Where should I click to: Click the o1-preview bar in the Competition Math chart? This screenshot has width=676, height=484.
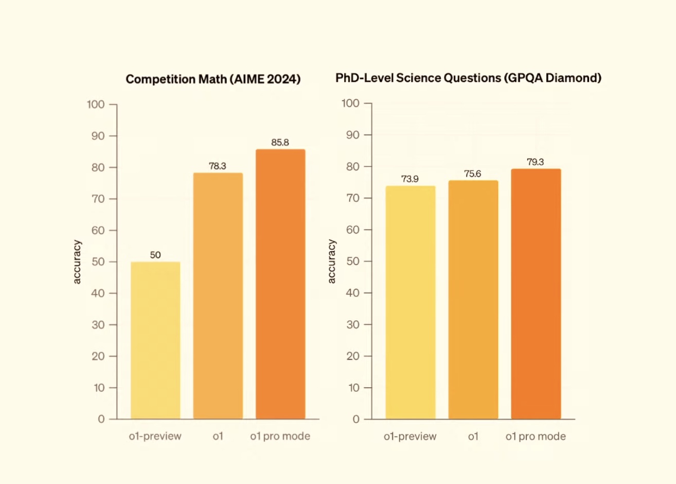(x=155, y=340)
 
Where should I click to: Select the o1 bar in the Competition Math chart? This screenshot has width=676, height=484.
(x=218, y=296)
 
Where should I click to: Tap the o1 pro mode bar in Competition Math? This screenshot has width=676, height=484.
(x=280, y=284)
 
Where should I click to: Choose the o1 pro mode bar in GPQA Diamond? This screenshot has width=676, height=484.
(x=536, y=293)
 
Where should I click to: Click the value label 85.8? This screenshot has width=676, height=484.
(x=280, y=143)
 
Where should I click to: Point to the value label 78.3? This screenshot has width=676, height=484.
(x=217, y=166)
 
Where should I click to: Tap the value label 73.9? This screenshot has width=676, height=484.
(x=410, y=179)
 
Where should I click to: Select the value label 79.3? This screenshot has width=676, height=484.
(x=535, y=162)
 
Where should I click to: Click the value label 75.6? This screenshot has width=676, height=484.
(x=472, y=174)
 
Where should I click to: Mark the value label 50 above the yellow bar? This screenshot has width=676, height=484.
(x=155, y=255)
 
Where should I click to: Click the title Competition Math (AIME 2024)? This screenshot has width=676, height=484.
(x=213, y=79)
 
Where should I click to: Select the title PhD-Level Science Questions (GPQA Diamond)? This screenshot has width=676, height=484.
(x=468, y=78)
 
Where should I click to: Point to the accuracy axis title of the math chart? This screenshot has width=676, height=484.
(x=77, y=262)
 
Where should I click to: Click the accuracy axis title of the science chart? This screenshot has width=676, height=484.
(x=332, y=261)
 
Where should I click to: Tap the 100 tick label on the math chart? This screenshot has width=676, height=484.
(x=96, y=105)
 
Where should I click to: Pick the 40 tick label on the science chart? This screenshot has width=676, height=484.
(x=352, y=293)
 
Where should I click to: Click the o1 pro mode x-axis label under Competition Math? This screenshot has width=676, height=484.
(x=280, y=436)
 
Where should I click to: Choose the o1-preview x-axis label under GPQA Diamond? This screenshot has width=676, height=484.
(x=410, y=437)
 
